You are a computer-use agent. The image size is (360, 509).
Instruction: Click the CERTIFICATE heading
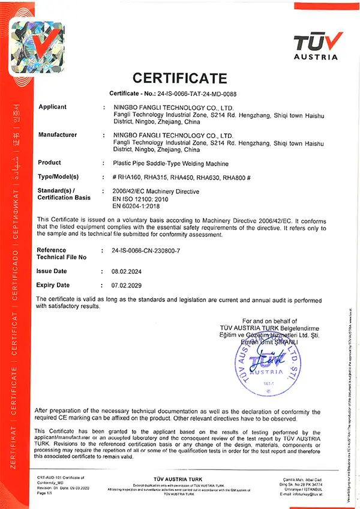[x=179, y=78]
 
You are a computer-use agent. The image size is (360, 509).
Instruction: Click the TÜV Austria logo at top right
[x=318, y=46]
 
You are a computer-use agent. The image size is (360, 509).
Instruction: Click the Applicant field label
[x=52, y=107]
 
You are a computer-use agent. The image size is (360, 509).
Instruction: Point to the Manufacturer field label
[x=58, y=135]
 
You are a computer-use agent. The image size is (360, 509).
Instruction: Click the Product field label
[x=49, y=163]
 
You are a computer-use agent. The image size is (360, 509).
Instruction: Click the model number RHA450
[x=183, y=178]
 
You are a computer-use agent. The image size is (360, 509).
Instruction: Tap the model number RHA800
[x=235, y=178]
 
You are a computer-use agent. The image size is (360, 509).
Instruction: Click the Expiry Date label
[x=53, y=285]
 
